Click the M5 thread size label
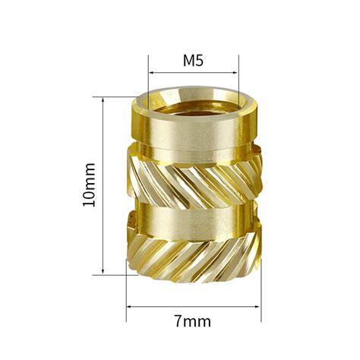pyautogui.click(x=194, y=60)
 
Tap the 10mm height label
pyautogui.click(x=90, y=185)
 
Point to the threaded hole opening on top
pyautogui.click(x=194, y=99)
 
